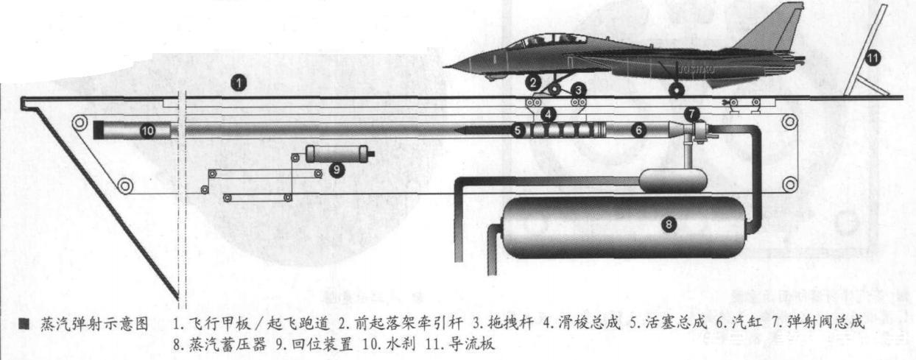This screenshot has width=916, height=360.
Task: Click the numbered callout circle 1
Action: coord(238,82)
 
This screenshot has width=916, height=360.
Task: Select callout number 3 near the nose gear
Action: coord(579,88)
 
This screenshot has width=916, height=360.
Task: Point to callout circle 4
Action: coord(548,114)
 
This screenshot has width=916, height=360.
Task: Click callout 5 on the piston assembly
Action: coord(518,130)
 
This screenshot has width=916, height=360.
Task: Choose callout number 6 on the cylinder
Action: coord(639,130)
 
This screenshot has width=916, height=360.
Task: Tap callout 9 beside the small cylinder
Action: coord(337,169)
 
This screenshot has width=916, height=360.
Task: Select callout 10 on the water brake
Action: coord(147,131)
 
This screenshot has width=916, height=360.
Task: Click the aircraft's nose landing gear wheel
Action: coord(554,90)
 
